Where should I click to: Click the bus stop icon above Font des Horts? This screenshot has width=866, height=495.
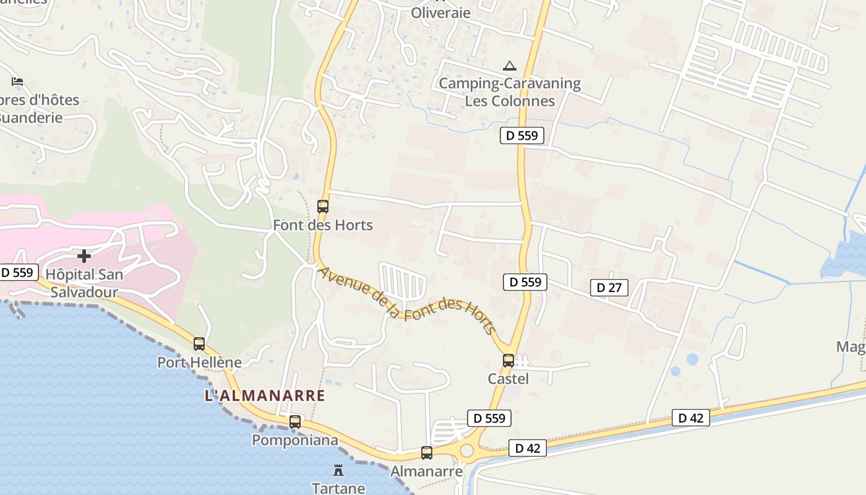pos(323,207)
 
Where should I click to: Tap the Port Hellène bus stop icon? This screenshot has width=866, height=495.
pos(199,344)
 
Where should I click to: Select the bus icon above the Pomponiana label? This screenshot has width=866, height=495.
pos(295,422)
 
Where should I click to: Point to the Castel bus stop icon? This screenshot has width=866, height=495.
pos(508,360)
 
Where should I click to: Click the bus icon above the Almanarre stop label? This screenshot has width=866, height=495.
pos(427,453)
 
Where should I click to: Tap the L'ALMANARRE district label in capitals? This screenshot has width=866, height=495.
pos(265,395)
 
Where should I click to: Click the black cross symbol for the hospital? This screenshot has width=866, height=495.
pos(84,256)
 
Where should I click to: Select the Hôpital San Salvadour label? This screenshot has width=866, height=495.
pos(85,283)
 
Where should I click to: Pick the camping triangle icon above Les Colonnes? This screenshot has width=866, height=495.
pos(510,66)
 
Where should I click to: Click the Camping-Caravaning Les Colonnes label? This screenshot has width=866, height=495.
pos(510,92)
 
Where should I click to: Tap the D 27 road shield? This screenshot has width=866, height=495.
pos(609,287)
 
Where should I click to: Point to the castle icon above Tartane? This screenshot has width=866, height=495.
pos(338,470)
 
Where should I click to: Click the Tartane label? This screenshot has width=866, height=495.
pos(338,488)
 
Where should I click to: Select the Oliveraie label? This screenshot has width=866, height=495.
pos(441,12)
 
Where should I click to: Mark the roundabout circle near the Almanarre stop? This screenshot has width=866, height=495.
pos(466,451)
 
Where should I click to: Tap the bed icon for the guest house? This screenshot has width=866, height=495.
pos(17,81)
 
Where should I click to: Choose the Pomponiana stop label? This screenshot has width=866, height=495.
pos(295,440)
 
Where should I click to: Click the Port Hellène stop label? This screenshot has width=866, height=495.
pos(199,362)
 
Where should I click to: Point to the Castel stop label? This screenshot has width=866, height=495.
pos(508,378)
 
